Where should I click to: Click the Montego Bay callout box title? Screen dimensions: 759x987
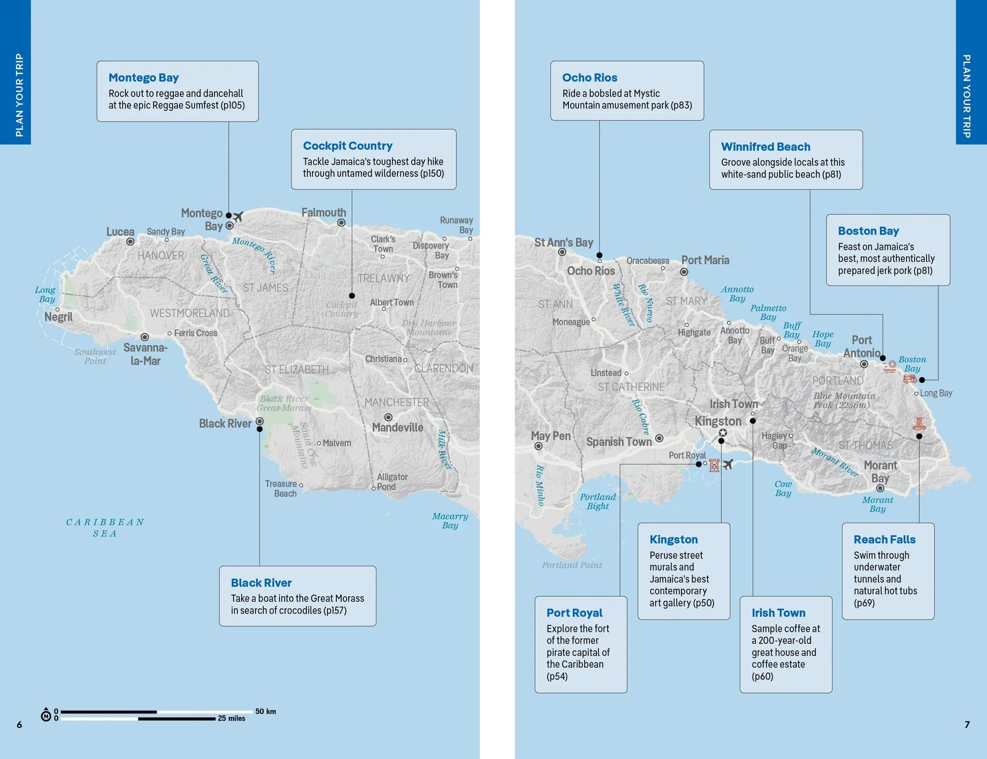pyautogui.click(x=143, y=78)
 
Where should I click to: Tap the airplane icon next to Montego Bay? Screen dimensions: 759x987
pyautogui.click(x=238, y=217)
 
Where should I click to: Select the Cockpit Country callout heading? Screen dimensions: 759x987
pyautogui.click(x=348, y=146)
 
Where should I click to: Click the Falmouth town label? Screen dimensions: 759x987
pyautogui.click(x=324, y=213)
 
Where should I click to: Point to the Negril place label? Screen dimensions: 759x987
pyautogui.click(x=58, y=317)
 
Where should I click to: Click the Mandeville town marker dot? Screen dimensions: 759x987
pyautogui.click(x=388, y=418)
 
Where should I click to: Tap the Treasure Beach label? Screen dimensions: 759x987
pyautogui.click(x=281, y=488)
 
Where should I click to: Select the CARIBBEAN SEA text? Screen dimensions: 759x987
pyautogui.click(x=105, y=528)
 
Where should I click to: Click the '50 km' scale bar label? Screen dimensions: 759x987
pyautogui.click(x=265, y=711)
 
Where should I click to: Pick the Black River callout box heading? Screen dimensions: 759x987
pyautogui.click(x=261, y=583)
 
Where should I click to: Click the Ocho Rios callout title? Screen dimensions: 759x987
pyautogui.click(x=589, y=78)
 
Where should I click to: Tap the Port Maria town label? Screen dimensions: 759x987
pyautogui.click(x=705, y=260)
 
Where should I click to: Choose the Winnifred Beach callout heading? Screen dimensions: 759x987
pyautogui.click(x=765, y=147)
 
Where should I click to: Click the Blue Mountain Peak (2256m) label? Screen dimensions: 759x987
pyautogui.click(x=844, y=401)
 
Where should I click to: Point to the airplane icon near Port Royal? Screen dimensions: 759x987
pyautogui.click(x=728, y=465)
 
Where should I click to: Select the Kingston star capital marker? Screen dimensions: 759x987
pyautogui.click(x=723, y=433)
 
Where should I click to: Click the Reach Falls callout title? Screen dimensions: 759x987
pyautogui.click(x=884, y=539)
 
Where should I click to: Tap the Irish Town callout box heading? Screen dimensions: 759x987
pyautogui.click(x=778, y=613)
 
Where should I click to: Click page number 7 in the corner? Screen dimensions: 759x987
pyautogui.click(x=967, y=724)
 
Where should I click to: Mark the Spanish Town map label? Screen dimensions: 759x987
pyautogui.click(x=619, y=442)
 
